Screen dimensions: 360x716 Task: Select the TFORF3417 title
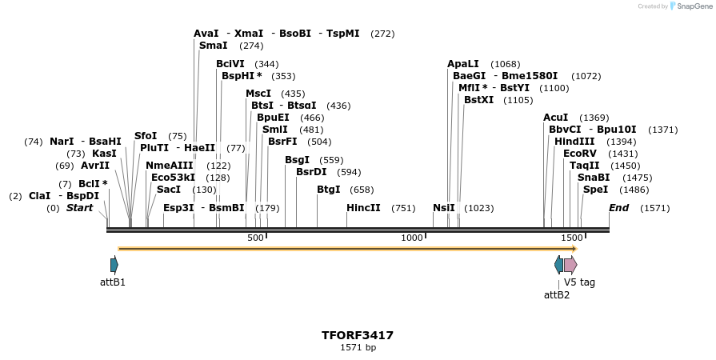click(x=358, y=335)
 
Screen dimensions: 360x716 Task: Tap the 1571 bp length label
click(x=358, y=347)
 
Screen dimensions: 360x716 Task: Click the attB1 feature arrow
click(x=114, y=265)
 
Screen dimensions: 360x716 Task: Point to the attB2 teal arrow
click(x=558, y=265)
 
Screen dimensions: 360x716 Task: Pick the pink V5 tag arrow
click(x=570, y=265)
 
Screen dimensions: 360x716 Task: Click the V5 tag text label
click(x=579, y=282)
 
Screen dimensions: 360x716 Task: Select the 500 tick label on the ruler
click(x=255, y=238)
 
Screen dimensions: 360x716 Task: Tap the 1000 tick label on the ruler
click(x=412, y=238)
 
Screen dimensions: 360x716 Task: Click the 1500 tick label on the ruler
click(x=571, y=238)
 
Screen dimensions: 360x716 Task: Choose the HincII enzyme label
click(x=362, y=208)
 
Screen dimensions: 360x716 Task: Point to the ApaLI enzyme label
click(x=463, y=64)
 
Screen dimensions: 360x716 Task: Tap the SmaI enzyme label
click(x=214, y=46)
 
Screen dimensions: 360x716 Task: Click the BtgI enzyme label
click(x=329, y=190)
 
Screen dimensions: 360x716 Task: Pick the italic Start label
click(x=79, y=208)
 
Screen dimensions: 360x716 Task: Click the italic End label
click(x=619, y=208)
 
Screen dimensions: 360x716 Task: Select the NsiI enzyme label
click(x=444, y=208)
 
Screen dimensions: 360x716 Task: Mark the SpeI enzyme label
click(x=595, y=190)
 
